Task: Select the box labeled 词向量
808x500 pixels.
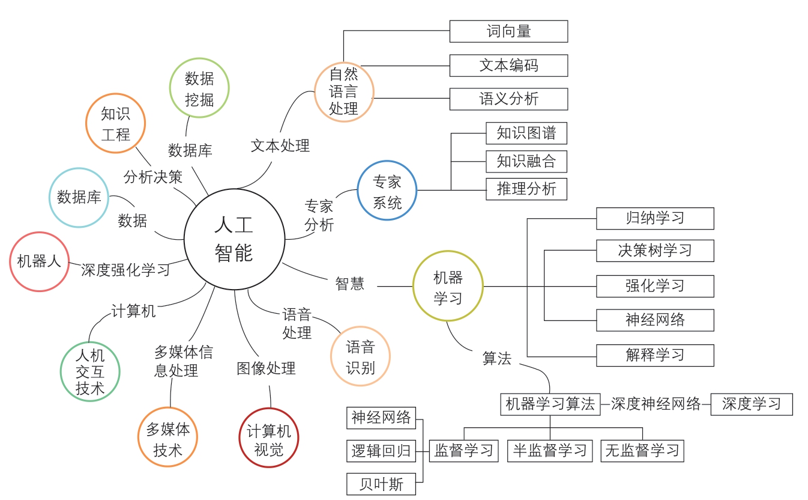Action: pos(508,31)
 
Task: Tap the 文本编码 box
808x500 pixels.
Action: pos(508,66)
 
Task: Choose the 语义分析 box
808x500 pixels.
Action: pos(508,99)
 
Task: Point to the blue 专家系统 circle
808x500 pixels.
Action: pos(387,191)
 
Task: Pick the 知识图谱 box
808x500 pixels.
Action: pos(526,133)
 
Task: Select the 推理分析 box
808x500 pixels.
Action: pos(526,189)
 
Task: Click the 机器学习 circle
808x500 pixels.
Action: pos(448,286)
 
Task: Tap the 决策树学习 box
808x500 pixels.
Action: pos(655,251)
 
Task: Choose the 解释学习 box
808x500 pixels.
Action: pos(655,355)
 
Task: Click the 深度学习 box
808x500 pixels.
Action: pos(751,404)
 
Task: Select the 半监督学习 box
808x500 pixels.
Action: pos(550,450)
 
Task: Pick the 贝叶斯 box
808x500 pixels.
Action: pos(381,484)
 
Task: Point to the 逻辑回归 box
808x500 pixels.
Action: pos(381,451)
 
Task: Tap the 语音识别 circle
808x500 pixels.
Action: pos(360,356)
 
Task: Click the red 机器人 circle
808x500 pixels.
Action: pos(40,262)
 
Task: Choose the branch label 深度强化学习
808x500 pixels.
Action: pos(125,270)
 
